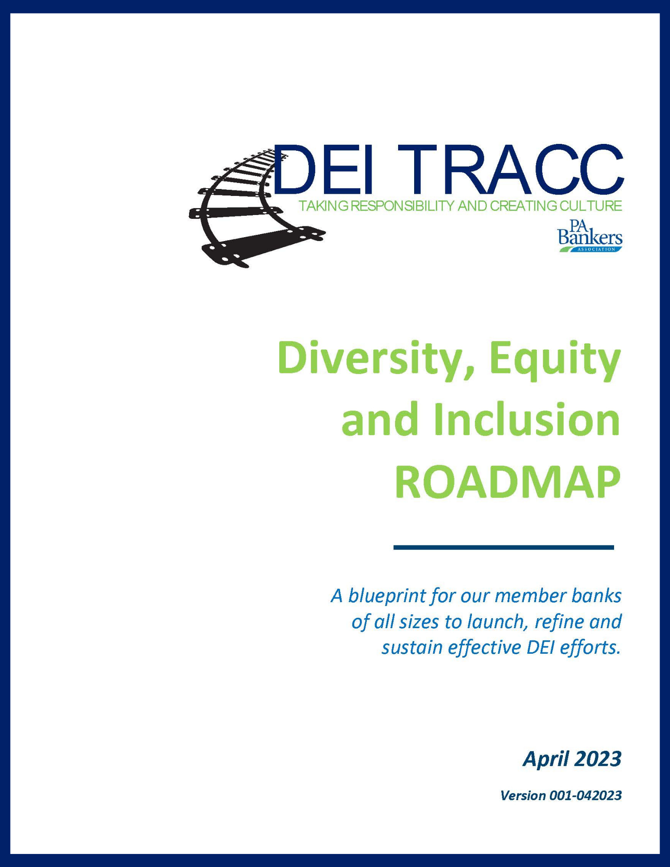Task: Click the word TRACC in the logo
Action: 510,169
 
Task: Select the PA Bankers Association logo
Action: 590,235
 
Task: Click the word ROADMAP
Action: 508,483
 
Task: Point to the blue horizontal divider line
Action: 503,547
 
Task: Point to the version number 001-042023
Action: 585,795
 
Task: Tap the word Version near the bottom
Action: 523,795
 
